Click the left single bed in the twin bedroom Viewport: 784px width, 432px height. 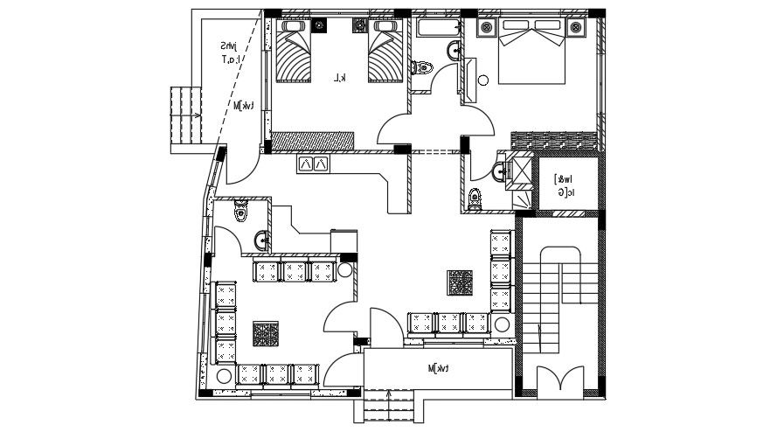(x=295, y=53)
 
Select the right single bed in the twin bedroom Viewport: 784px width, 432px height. (x=385, y=53)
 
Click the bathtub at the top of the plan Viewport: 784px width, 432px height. (x=438, y=29)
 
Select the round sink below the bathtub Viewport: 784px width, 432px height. (x=454, y=51)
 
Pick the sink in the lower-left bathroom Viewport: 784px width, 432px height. (x=260, y=240)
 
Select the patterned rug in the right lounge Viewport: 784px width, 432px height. (x=460, y=282)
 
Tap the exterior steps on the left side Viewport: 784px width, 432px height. (x=184, y=115)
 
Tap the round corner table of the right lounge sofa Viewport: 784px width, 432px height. (x=502, y=325)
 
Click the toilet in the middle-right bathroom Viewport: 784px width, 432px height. (x=474, y=198)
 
